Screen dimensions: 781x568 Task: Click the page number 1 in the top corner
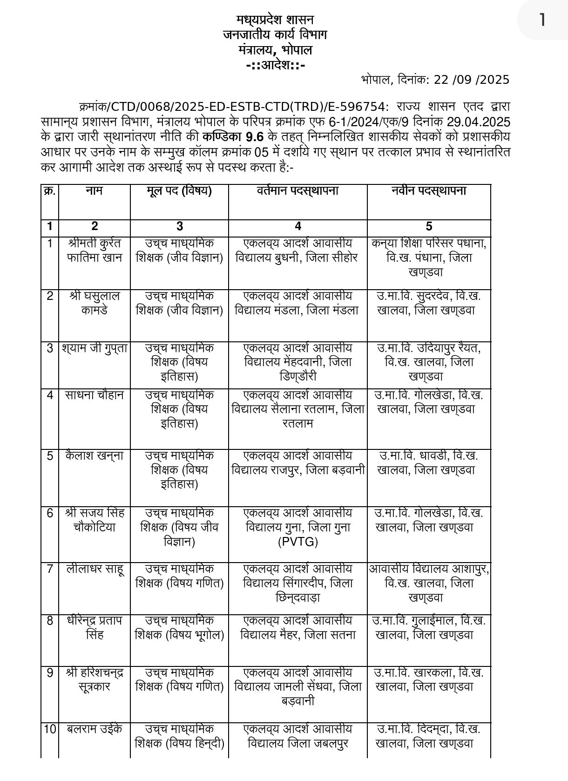(x=541, y=20)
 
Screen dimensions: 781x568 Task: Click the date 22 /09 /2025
(x=471, y=80)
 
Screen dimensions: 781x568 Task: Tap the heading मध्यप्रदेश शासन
(x=275, y=20)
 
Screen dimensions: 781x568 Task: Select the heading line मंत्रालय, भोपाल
(x=275, y=50)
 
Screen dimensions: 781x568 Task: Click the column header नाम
(x=95, y=191)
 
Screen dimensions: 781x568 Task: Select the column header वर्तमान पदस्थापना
(x=298, y=191)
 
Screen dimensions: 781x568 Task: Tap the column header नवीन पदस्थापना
(x=428, y=191)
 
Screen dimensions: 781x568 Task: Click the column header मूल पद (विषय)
(x=179, y=191)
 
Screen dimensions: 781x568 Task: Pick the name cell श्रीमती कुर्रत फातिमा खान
(x=95, y=251)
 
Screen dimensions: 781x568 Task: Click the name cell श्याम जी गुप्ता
(x=95, y=348)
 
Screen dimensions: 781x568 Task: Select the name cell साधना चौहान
(x=95, y=395)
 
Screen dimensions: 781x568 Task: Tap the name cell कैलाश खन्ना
(x=95, y=456)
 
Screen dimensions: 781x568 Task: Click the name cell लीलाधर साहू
(x=95, y=569)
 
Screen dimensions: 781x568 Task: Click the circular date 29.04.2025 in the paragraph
(x=479, y=122)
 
